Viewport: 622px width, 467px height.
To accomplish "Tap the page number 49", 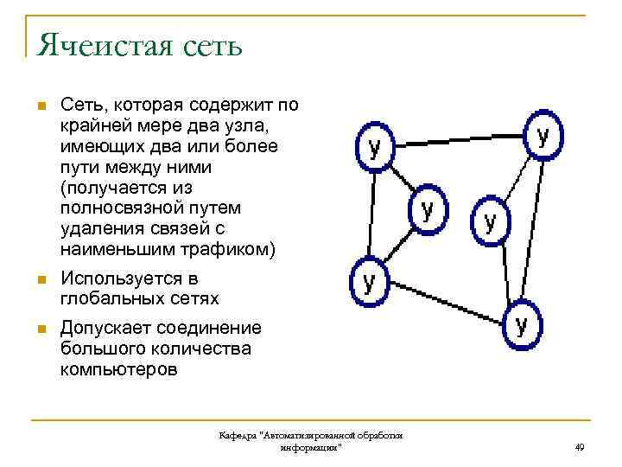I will click(579, 447).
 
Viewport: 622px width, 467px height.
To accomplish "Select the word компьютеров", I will click(119, 370).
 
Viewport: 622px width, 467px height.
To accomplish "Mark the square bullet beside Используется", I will click(38, 280).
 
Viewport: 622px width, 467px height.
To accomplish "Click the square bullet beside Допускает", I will click(38, 330).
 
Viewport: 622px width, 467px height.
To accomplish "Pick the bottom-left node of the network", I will click(369, 283).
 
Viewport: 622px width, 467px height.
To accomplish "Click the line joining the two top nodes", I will click(458, 138).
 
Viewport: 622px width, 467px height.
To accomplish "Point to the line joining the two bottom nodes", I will click(445, 302).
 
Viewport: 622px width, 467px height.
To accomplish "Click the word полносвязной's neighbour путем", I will click(216, 208).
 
